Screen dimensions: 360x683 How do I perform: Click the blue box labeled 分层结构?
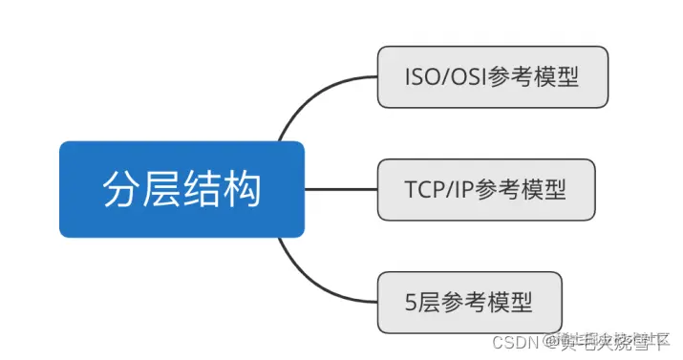click(x=181, y=189)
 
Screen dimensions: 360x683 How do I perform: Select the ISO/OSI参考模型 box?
click(x=492, y=76)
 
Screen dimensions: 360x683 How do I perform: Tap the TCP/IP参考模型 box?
click(x=485, y=189)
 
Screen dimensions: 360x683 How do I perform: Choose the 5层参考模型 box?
click(x=469, y=302)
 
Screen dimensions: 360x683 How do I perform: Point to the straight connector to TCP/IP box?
click(x=341, y=189)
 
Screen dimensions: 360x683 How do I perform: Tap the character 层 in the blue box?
click(x=161, y=189)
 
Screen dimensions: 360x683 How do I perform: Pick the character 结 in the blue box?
click(x=203, y=189)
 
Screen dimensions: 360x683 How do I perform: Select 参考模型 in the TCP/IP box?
click(x=522, y=190)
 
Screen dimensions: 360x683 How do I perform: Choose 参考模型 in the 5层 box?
click(x=489, y=303)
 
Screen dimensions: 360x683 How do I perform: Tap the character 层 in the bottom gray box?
click(x=431, y=303)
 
